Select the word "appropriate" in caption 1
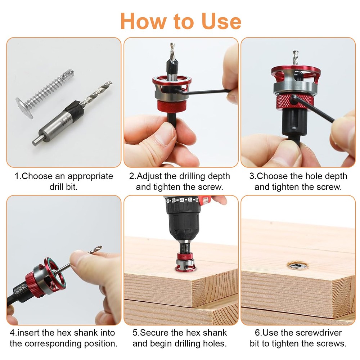pyautogui.click(x=90, y=176)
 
